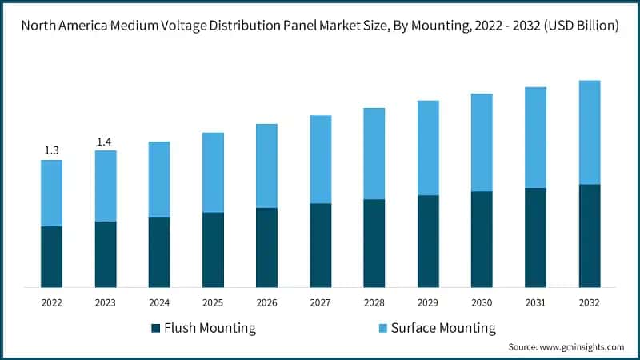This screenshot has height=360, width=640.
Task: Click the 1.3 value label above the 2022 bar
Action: tap(51, 150)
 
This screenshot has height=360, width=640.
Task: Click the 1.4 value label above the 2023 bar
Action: tap(105, 142)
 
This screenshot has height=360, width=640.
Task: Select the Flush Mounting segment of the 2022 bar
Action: tap(51, 257)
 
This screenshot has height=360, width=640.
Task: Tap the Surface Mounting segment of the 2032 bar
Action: tap(590, 132)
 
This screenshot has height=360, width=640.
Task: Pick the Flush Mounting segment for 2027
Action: tap(320, 245)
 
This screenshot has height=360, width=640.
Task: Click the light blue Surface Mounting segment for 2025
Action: tap(213, 172)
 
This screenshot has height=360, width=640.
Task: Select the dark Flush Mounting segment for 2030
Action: tap(482, 239)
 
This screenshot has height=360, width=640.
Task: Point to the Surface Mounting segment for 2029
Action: tap(428, 147)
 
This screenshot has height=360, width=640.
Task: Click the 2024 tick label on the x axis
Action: tap(159, 303)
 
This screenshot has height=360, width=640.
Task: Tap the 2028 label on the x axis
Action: tap(374, 303)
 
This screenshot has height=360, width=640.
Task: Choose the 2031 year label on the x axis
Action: tap(535, 303)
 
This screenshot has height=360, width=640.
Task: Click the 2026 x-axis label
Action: tap(266, 303)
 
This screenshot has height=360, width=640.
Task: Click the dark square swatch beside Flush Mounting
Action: tap(155, 328)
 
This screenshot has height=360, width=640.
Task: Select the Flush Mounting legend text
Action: tap(210, 328)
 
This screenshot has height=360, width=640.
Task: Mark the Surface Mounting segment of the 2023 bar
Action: tap(105, 186)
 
